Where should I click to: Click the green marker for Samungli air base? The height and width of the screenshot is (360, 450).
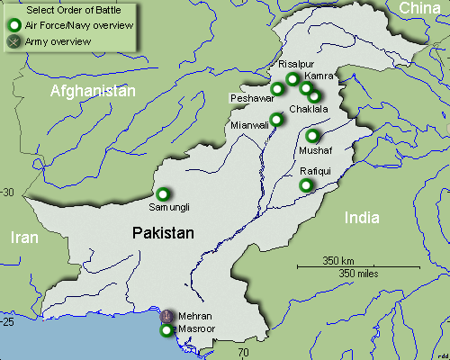click(x=163, y=193)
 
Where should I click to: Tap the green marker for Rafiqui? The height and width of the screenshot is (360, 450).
click(x=306, y=184)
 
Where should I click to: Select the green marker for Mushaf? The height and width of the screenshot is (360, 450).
click(x=312, y=136)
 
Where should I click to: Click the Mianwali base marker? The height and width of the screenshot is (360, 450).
click(x=276, y=119)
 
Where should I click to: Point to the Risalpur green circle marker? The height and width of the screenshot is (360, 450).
click(x=292, y=79)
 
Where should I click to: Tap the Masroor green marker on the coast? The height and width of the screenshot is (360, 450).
click(x=166, y=330)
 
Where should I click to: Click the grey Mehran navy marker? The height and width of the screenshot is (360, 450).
click(x=166, y=316)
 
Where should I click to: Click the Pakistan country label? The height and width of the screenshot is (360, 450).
click(x=163, y=233)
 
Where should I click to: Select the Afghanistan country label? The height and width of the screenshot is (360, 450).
click(x=93, y=92)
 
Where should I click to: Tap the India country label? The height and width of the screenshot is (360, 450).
click(x=363, y=218)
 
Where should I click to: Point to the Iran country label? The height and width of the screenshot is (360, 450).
click(x=24, y=238)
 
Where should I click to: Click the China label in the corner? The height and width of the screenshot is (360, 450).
click(x=420, y=9)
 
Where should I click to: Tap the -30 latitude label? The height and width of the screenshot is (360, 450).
click(x=8, y=193)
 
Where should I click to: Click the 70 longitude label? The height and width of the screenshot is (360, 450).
click(x=243, y=354)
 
